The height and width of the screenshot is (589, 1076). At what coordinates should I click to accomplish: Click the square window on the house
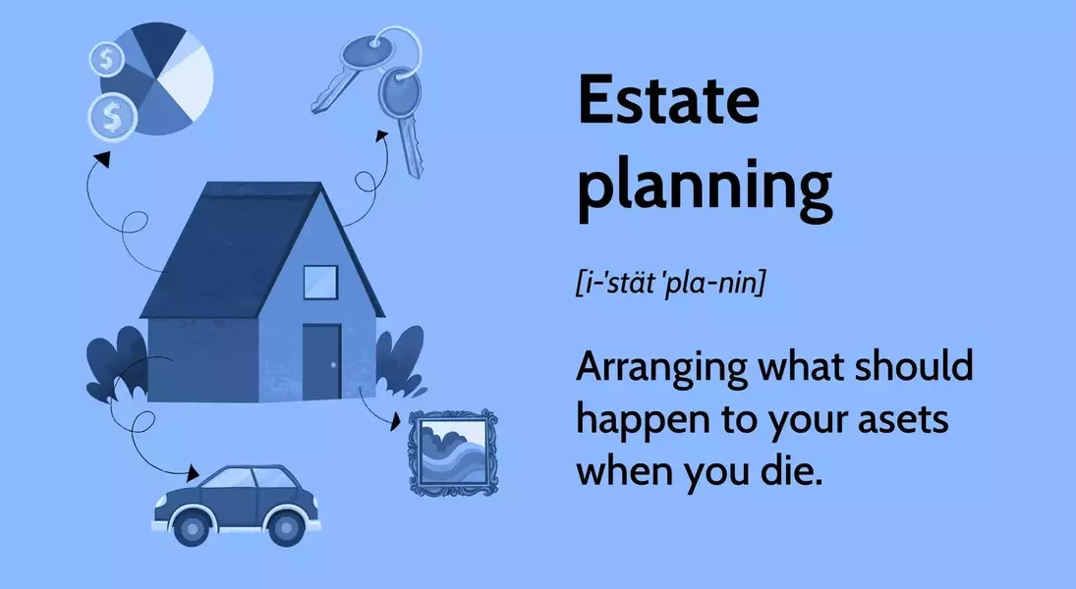(x=319, y=283)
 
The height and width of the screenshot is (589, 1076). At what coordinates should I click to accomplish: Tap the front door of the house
(x=320, y=361)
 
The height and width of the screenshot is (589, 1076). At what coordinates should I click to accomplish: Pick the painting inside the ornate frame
(x=452, y=452)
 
